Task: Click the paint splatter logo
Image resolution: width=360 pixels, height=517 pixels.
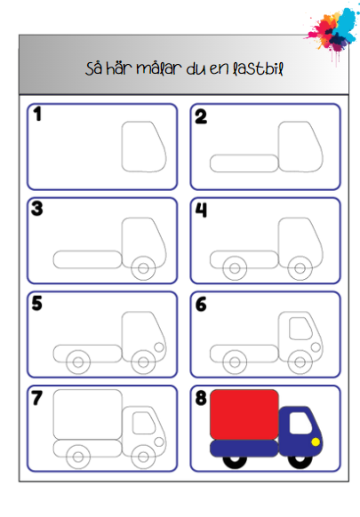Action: pos(332,31)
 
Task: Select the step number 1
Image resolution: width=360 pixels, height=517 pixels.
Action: pos(37,114)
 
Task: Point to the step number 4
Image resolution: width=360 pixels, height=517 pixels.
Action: pos(201,210)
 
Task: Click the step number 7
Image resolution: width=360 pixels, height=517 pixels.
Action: pos(37,398)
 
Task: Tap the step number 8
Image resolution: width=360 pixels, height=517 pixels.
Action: pos(201,398)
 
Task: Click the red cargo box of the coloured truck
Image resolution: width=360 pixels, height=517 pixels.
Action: pos(244,415)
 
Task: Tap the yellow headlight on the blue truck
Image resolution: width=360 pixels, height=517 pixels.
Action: pos(316,441)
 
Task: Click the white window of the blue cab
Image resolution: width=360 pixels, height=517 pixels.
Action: pos(300,423)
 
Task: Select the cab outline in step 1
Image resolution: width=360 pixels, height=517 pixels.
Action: pos(122,147)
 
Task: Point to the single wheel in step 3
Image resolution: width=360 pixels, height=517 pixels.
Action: pos(143,280)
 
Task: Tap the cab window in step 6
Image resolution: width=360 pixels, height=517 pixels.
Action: pos(290,328)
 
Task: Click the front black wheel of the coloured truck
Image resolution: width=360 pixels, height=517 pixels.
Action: pos(300,467)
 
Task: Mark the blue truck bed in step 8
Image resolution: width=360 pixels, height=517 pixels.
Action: pos(244,449)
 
